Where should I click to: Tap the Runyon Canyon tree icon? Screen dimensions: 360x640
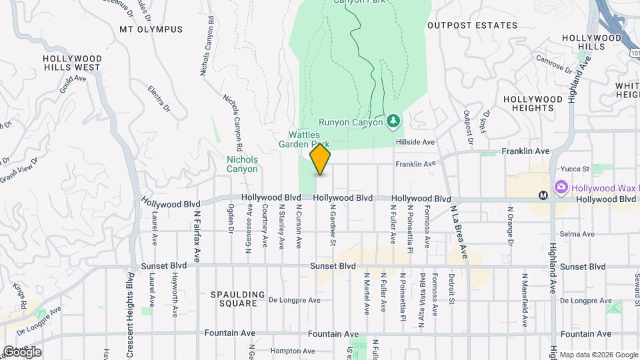[394, 121]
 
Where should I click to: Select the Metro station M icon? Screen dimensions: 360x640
[543, 195]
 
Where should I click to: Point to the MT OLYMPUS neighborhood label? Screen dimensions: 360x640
[151, 29]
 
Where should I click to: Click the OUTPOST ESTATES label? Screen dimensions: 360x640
[472, 25]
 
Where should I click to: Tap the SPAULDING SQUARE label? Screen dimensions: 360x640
[233, 299]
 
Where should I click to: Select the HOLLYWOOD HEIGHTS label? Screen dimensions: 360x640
[533, 103]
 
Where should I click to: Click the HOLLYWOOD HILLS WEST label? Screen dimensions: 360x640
[71, 63]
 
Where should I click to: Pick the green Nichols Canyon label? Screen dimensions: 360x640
[242, 164]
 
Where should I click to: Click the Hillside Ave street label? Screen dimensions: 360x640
[415, 142]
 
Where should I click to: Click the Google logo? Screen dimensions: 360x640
[22, 352]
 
